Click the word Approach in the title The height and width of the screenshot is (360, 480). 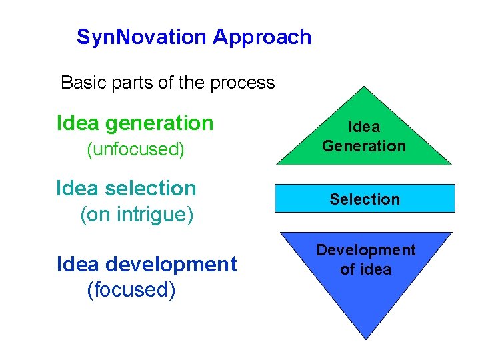click(x=262, y=37)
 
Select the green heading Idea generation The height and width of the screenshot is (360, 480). click(x=135, y=123)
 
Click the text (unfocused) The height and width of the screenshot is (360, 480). click(x=135, y=149)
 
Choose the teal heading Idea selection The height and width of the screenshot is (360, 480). click(x=126, y=188)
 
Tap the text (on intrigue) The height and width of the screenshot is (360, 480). click(x=136, y=215)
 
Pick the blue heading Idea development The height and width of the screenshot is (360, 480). click(x=147, y=264)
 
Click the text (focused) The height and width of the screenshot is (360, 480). click(x=131, y=290)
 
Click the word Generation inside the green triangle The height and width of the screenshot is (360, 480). click(x=364, y=145)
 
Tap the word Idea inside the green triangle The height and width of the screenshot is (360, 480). click(x=364, y=127)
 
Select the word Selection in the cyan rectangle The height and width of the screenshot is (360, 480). click(x=365, y=199)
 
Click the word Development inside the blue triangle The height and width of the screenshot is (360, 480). click(x=365, y=250)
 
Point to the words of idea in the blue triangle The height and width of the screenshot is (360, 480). click(x=365, y=269)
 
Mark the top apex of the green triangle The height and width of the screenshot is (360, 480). click(x=363, y=86)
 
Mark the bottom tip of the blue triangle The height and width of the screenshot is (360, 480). click(x=365, y=339)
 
